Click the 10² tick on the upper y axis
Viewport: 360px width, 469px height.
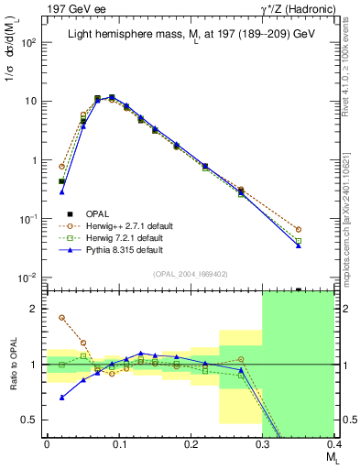point(29,42)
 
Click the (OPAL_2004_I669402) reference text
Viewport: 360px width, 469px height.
point(190,273)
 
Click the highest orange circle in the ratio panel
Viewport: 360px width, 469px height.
point(61,318)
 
